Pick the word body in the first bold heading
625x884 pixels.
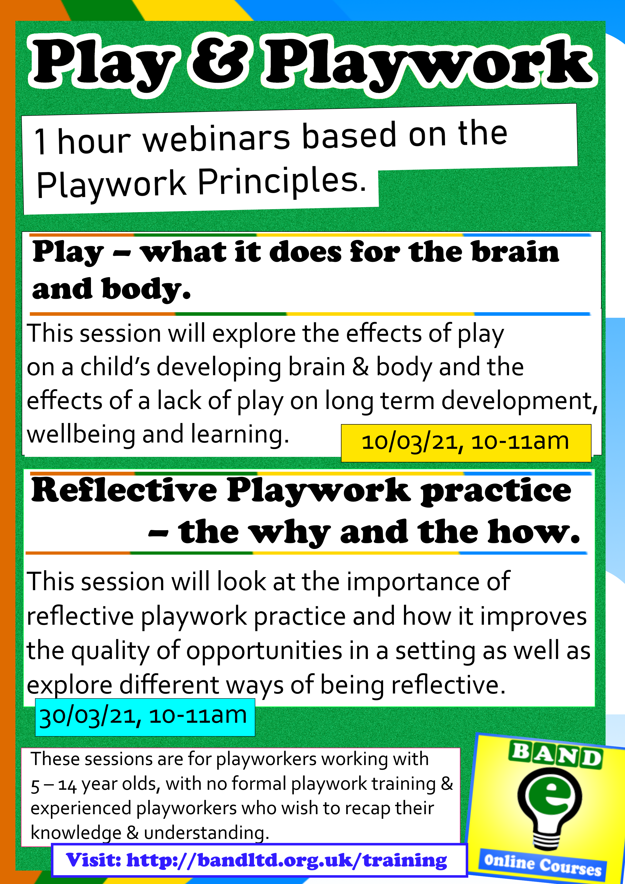[x=146, y=290]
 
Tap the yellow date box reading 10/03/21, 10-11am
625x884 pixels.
[x=466, y=443]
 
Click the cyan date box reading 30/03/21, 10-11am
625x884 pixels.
[x=145, y=717]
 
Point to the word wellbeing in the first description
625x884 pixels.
[x=81, y=435]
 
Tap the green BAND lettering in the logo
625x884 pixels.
[x=556, y=756]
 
